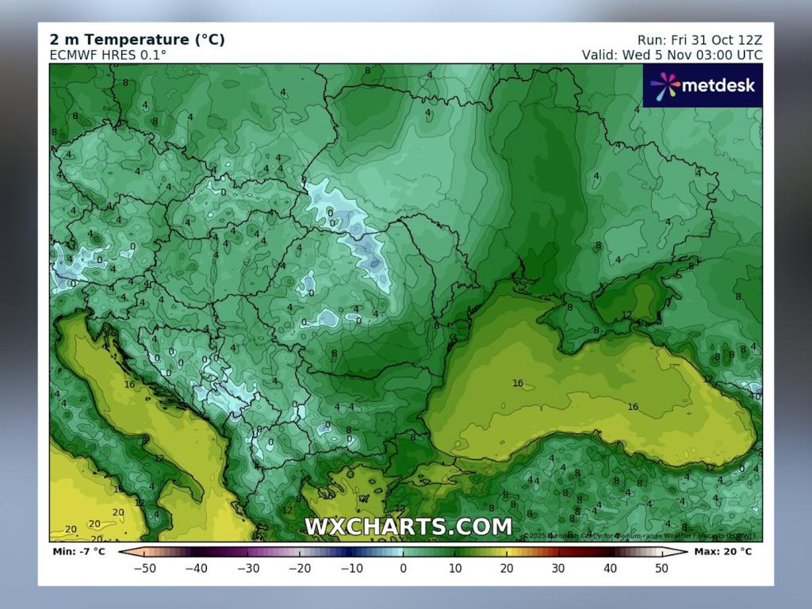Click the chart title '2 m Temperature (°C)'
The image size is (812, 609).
(136, 40)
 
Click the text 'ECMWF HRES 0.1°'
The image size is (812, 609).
(108, 55)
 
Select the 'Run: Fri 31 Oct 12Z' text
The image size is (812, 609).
(699, 40)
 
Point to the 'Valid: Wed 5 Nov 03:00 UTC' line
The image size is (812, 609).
(672, 55)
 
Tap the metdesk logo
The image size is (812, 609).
(703, 85)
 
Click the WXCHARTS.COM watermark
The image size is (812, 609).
(408, 527)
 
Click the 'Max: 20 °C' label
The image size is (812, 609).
(722, 551)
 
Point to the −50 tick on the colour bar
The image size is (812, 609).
(144, 568)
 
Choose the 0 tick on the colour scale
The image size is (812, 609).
(403, 568)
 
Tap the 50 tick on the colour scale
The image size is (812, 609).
(661, 568)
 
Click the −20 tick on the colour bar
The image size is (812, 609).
(299, 568)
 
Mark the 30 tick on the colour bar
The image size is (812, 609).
(558, 568)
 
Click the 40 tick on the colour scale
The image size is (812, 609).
(610, 568)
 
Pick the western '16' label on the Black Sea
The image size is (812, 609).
(517, 383)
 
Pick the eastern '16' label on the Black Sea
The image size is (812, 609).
(633, 407)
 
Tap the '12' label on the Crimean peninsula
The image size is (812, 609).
(626, 315)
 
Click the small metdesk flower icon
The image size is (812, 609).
(665, 85)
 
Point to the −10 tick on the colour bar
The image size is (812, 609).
(350, 568)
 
